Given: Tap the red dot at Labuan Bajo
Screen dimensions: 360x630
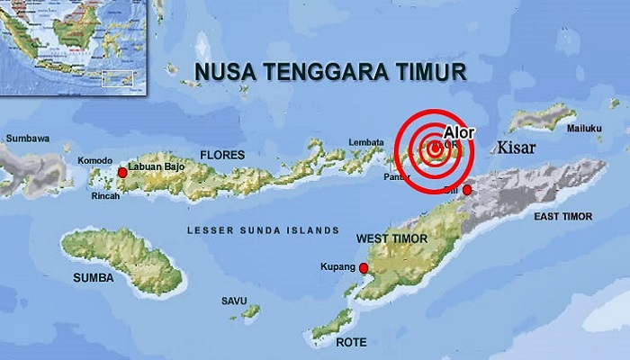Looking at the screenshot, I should [122, 172].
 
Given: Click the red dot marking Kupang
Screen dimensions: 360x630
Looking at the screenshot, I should [364, 268].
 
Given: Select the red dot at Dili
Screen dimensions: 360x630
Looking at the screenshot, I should [466, 190].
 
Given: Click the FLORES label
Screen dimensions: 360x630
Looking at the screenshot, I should [222, 155].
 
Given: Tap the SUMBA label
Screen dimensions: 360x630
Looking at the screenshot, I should [94, 278].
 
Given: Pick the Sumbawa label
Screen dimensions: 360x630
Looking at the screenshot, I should [26, 139].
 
